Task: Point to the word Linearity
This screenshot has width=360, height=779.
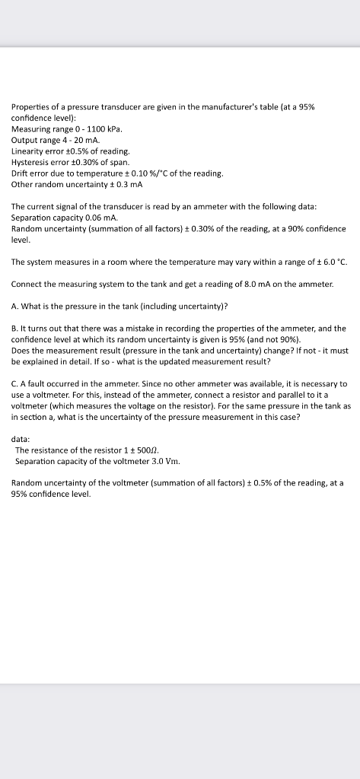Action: coord(28,151)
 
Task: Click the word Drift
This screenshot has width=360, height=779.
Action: coord(21,173)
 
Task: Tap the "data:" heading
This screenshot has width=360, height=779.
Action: coord(21,439)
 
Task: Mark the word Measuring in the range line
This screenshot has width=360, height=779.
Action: coord(32,129)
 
